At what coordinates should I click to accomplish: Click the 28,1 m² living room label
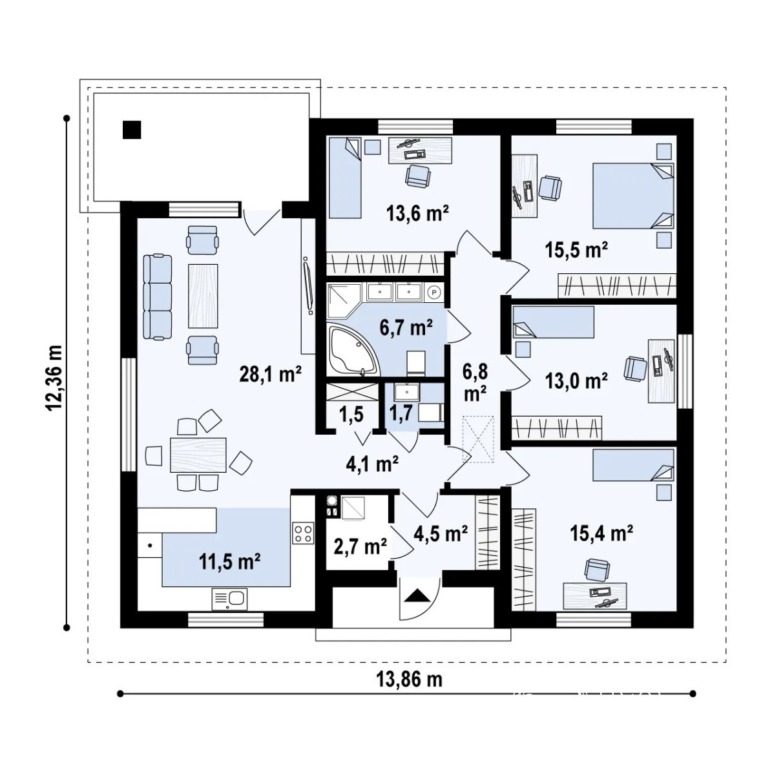click(271, 375)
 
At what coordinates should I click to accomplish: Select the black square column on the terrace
click(132, 130)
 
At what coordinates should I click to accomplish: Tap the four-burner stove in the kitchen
click(304, 533)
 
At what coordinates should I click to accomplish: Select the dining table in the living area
click(198, 455)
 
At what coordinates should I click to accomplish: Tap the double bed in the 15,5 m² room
click(633, 196)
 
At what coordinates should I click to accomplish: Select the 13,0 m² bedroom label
click(576, 380)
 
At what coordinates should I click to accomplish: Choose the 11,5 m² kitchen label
click(230, 561)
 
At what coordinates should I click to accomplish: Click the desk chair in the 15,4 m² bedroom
click(597, 570)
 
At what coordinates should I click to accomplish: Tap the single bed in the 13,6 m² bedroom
click(345, 178)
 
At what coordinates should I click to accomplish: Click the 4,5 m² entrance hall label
click(441, 533)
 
